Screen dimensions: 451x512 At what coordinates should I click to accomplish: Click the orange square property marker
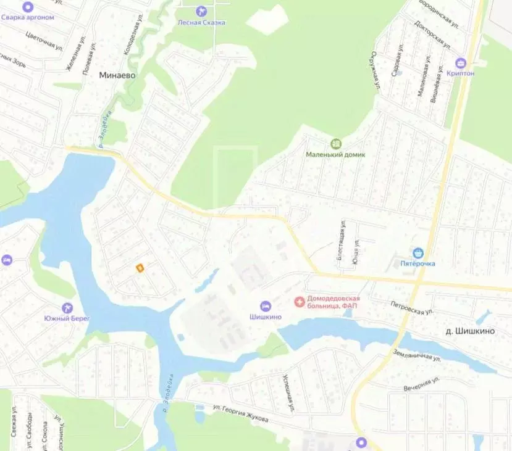(x=140, y=268)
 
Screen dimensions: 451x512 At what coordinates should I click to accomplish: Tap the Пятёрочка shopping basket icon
(x=419, y=253)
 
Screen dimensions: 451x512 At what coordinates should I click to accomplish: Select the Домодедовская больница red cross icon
(x=300, y=302)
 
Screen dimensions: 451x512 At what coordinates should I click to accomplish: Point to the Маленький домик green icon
(x=336, y=143)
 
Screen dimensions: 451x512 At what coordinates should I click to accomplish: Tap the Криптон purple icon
(x=460, y=62)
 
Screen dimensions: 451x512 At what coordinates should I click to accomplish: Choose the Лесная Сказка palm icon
(x=201, y=11)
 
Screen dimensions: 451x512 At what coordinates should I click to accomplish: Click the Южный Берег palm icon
(x=67, y=307)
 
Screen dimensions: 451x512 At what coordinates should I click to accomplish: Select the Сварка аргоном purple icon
(x=27, y=6)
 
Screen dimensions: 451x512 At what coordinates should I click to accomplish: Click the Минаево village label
(x=117, y=75)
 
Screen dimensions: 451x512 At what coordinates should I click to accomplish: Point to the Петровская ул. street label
(x=411, y=307)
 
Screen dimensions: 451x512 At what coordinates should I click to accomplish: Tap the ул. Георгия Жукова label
(x=240, y=413)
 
